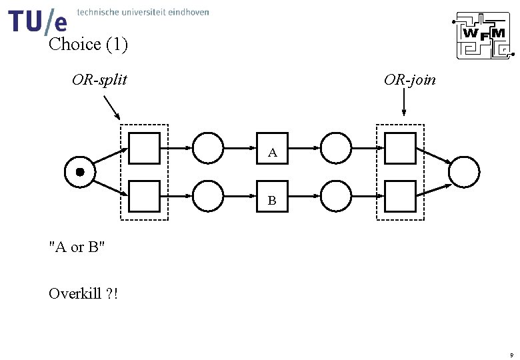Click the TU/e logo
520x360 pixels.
(38, 21)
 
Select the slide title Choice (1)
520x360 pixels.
(88, 45)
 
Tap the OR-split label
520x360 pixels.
(100, 81)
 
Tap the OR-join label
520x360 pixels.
(410, 81)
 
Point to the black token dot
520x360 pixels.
(80, 172)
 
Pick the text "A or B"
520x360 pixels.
(77, 247)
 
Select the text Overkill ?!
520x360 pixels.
(84, 293)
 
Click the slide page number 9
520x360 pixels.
(511, 355)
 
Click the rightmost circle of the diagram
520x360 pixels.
(464, 173)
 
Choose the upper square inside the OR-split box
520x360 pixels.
(144, 148)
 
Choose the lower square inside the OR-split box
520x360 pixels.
(144, 196)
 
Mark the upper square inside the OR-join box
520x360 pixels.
(400, 148)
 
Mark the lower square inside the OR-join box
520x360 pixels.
(400, 196)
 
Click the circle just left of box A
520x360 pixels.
(209, 148)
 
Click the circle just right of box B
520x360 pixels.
(336, 196)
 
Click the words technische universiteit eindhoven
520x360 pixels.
(143, 12)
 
